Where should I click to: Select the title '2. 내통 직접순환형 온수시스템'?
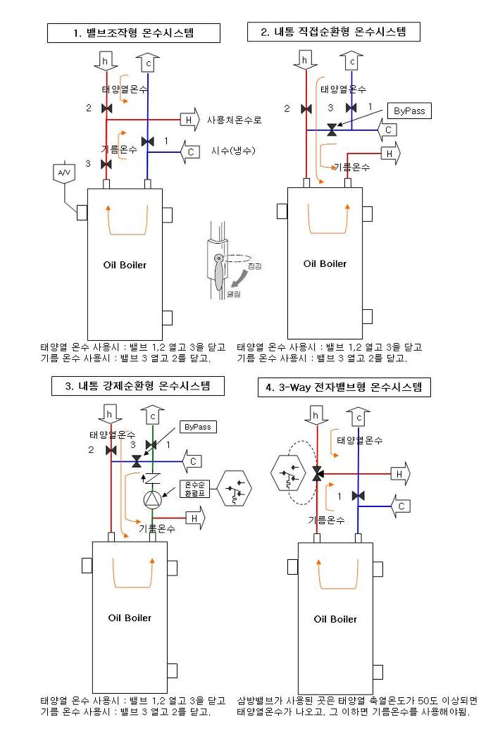point(335,32)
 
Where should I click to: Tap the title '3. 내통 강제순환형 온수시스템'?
point(134,386)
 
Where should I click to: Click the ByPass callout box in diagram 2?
point(410,111)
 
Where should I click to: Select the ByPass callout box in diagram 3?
point(199,427)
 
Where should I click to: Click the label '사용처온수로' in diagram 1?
point(235,120)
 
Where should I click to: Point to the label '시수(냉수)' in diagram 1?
point(233,151)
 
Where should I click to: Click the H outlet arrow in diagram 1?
point(191,120)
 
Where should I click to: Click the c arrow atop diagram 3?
point(153,416)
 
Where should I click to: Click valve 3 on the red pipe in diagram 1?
point(106,164)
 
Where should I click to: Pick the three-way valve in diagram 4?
point(317,474)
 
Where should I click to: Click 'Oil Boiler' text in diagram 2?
point(325,264)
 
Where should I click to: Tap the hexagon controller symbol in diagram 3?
point(236,488)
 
